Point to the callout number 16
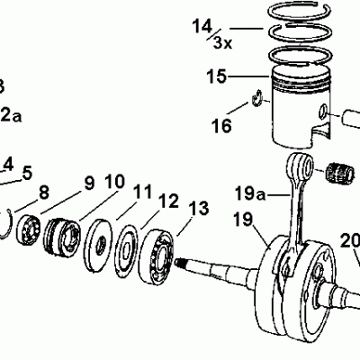[221, 126]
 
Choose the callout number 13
[199, 209]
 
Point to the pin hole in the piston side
[321, 112]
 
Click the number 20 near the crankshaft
[349, 241]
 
